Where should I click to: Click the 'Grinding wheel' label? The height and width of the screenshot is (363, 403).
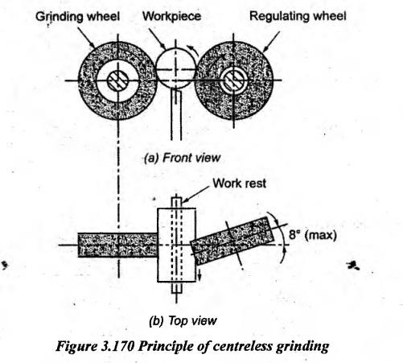(77, 17)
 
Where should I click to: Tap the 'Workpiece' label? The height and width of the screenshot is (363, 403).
(172, 16)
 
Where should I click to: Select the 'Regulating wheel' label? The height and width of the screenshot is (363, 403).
(298, 16)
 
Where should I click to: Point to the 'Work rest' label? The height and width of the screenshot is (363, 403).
(240, 184)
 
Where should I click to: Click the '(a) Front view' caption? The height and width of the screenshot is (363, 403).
(182, 158)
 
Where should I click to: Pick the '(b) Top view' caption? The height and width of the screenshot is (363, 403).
(183, 320)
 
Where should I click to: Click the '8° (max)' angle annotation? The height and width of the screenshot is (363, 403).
(312, 235)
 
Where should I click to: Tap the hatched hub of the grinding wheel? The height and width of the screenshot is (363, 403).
(117, 80)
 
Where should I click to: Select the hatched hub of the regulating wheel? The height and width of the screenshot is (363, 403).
(233, 80)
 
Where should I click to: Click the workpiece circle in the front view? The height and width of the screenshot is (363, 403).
(175, 68)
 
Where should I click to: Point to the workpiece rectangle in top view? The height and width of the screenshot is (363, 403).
(176, 245)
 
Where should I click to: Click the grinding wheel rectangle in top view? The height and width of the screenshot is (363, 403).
(117, 245)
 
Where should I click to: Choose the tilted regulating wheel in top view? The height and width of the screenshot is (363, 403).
(232, 241)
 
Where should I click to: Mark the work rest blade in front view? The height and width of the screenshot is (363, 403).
(176, 115)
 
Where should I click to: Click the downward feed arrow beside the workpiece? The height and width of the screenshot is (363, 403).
(199, 274)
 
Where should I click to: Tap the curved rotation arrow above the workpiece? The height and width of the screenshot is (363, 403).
(194, 51)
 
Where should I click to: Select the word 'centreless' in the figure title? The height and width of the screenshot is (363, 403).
(243, 346)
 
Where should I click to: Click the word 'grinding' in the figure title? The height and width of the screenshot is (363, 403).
(302, 347)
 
